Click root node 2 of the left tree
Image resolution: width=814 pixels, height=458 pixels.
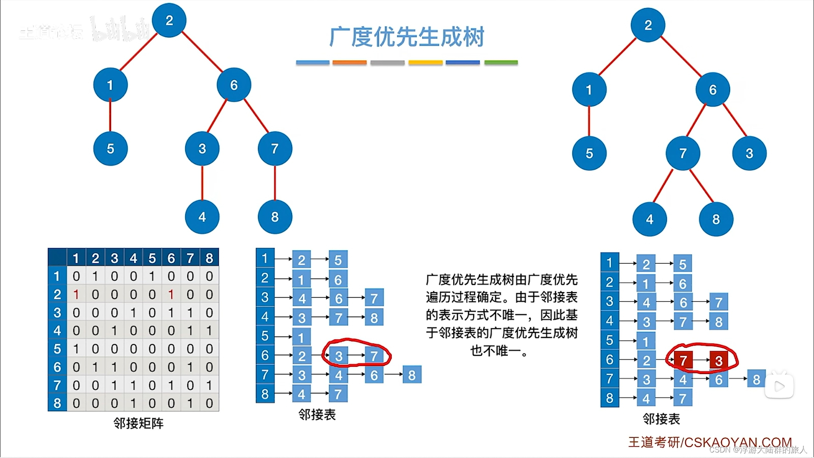click(x=169, y=20)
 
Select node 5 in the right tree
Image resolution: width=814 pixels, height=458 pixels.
click(x=589, y=154)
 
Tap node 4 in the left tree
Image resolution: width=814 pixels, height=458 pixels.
click(x=202, y=217)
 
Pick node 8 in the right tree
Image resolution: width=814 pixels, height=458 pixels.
click(x=716, y=219)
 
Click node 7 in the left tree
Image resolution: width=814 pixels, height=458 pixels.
click(x=275, y=148)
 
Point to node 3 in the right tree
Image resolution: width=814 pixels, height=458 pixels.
click(x=749, y=154)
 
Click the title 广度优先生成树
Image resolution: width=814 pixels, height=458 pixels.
click(x=407, y=37)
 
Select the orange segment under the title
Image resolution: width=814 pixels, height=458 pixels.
click(x=349, y=63)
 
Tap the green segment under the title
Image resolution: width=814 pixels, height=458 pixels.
click(x=501, y=63)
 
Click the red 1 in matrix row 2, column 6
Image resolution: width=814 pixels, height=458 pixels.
click(x=171, y=294)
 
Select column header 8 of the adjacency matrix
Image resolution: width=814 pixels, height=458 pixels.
click(x=209, y=258)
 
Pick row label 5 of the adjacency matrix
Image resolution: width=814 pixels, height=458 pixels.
click(x=57, y=349)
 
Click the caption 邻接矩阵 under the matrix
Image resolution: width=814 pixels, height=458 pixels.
click(x=138, y=423)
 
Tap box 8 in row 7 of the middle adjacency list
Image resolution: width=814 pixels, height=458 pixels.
click(x=412, y=375)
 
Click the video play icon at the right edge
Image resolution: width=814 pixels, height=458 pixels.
click(x=779, y=386)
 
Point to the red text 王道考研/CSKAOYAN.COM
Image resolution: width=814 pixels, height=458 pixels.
click(x=710, y=442)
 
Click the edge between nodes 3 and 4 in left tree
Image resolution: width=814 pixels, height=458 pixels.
click(x=202, y=183)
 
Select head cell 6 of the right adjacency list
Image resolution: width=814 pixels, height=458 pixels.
click(x=610, y=360)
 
